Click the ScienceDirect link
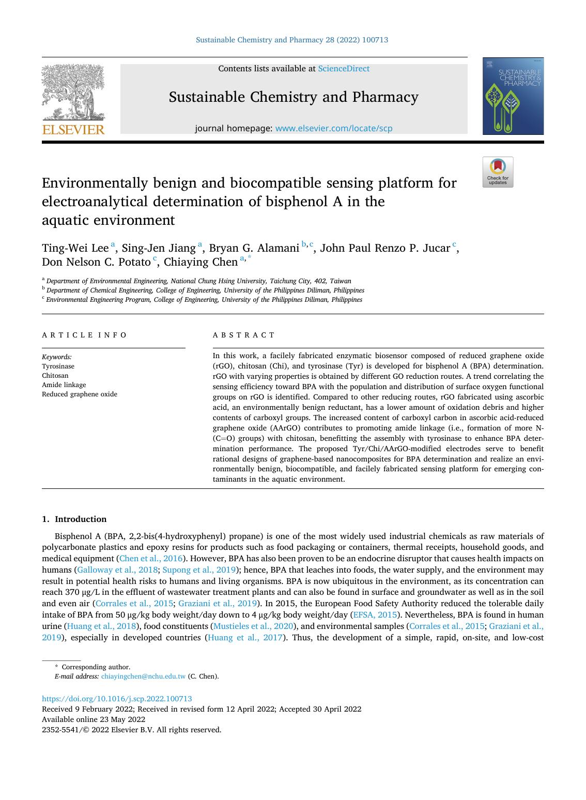344,69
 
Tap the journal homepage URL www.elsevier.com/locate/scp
334,128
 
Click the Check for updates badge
498,172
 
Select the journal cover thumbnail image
513,96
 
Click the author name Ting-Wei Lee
75,248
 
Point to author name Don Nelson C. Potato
96,262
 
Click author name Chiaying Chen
201,262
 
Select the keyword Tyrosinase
58,366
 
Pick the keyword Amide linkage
64,385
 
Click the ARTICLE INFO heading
84,335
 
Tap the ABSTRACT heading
244,335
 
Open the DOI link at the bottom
117,699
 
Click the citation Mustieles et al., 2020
253,626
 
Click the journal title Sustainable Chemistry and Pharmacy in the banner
294,97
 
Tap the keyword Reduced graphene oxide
80,394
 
